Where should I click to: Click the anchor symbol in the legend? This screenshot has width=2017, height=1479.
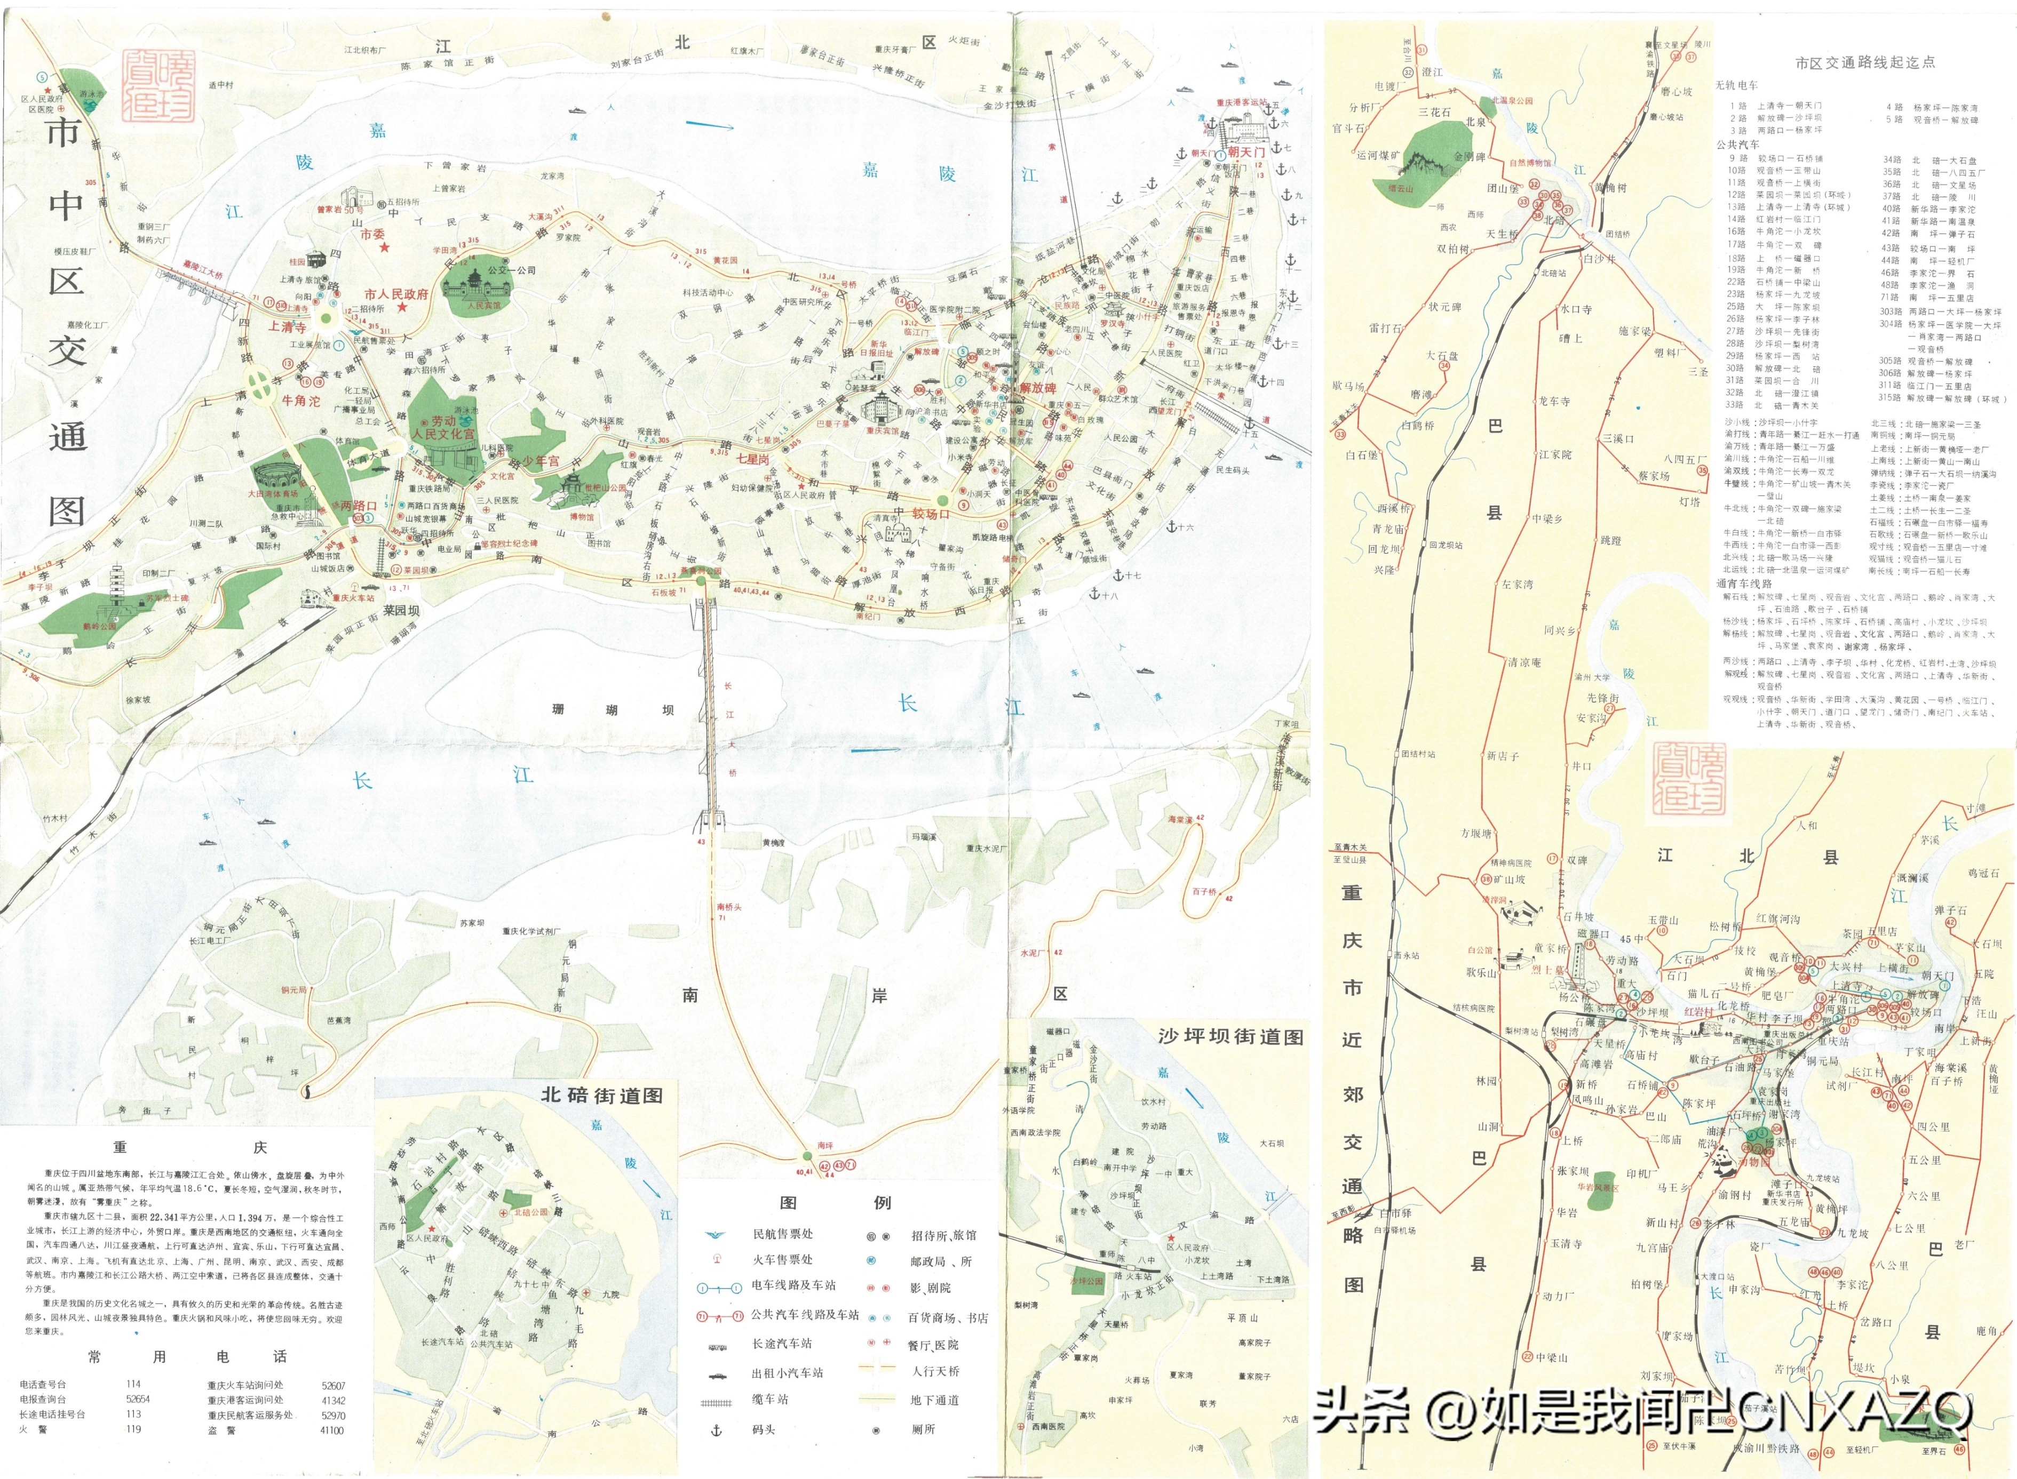tap(716, 1430)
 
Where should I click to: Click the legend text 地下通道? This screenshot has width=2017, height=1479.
tap(935, 1400)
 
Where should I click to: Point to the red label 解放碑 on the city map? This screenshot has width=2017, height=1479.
tap(1038, 388)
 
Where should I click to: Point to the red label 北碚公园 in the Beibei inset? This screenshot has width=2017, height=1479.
tap(532, 1212)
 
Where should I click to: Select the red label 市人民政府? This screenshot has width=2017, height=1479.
tap(396, 294)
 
